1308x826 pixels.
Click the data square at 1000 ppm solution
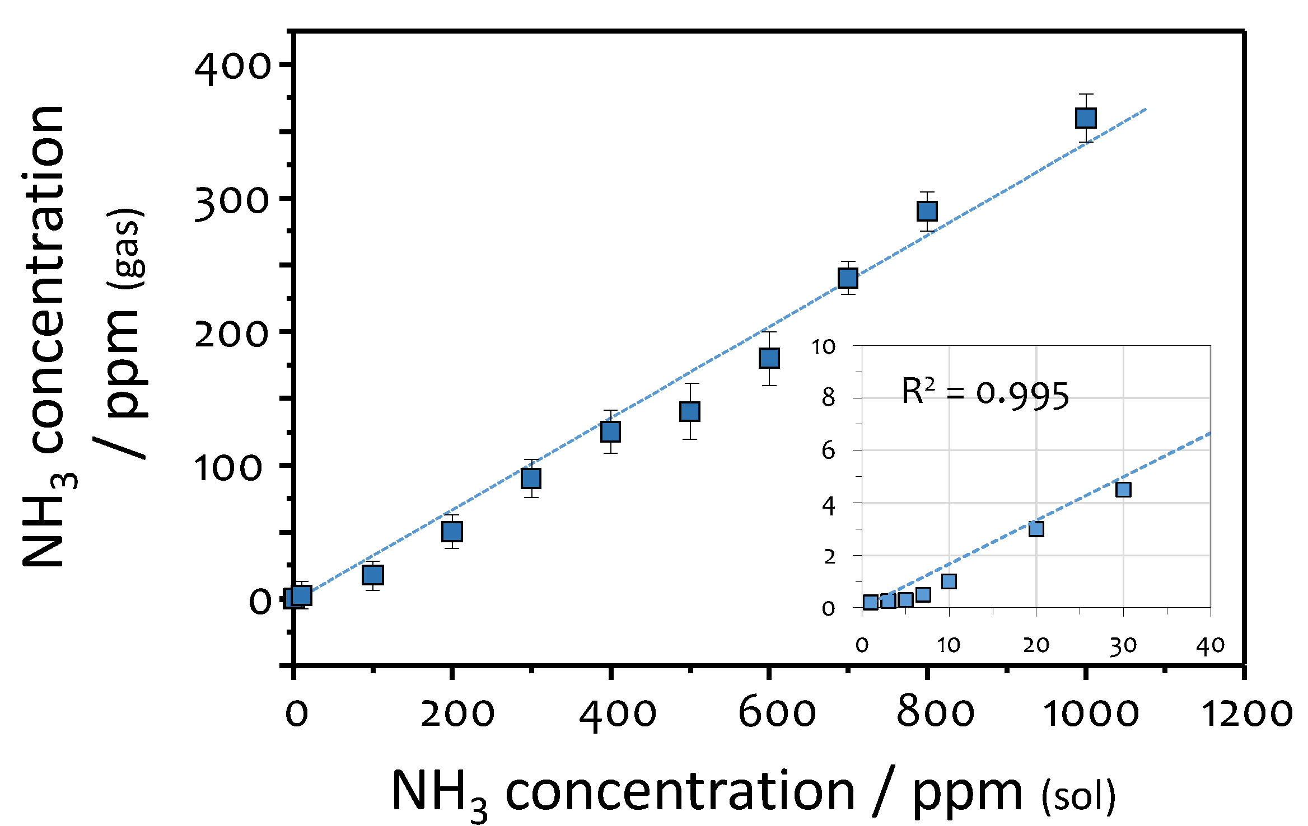click(x=1086, y=118)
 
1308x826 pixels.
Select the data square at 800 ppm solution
click(x=927, y=211)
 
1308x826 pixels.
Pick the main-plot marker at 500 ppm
click(x=690, y=411)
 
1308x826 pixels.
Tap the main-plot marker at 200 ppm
click(x=452, y=531)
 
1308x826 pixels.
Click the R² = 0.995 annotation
click(x=985, y=394)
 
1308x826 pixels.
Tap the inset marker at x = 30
click(x=1123, y=490)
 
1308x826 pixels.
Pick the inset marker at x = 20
click(x=1036, y=529)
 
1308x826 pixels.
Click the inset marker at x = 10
click(x=949, y=581)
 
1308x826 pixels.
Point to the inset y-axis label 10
click(x=823, y=348)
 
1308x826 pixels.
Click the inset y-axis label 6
click(x=828, y=450)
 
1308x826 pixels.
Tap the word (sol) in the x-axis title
click(x=1078, y=796)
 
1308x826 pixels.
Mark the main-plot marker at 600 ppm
click(x=769, y=358)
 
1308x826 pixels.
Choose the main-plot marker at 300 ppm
click(x=531, y=478)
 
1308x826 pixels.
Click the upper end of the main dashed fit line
click(x=1146, y=110)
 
